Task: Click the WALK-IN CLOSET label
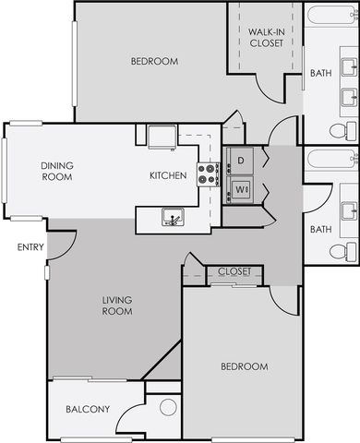pos(266,38)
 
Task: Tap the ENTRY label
pos(30,247)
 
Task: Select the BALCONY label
pos(88,409)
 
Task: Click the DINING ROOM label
pos(57,172)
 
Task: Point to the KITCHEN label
pos(168,175)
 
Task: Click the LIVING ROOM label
pos(117,305)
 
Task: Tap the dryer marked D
pos(240,161)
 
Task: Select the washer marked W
pos(240,189)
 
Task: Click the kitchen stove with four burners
pos(209,174)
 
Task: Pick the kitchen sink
pos(173,217)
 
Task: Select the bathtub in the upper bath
pos(332,15)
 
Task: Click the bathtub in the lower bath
pos(332,160)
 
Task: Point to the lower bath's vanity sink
pos(350,210)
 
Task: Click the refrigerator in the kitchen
pos(162,137)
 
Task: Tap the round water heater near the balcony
pos(168,407)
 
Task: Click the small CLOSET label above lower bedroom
pos(234,271)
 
